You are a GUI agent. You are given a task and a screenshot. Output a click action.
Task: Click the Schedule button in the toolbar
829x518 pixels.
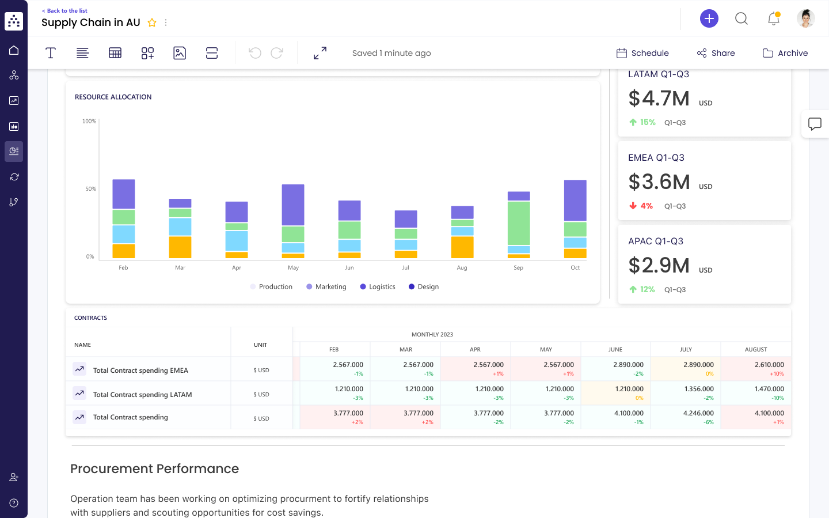(x=642, y=53)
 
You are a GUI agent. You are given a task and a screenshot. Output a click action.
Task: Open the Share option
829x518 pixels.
(x=716, y=53)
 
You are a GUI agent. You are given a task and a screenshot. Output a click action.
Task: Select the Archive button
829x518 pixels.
(x=785, y=53)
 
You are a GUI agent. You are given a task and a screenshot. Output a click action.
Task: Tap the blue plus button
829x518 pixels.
(x=709, y=18)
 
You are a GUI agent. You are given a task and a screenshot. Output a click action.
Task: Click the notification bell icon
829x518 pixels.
(x=773, y=18)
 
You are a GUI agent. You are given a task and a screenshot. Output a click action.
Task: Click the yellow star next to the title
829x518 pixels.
(x=152, y=22)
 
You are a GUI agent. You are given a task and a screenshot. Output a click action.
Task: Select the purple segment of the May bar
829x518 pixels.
(x=293, y=205)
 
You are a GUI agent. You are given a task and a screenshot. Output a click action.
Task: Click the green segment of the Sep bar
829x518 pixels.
(x=519, y=223)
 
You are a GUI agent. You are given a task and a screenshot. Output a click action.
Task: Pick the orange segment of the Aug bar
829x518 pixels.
(x=462, y=247)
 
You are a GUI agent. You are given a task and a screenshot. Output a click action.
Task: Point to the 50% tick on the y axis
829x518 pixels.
(x=91, y=189)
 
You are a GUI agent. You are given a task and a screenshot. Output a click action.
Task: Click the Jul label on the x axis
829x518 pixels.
(x=405, y=268)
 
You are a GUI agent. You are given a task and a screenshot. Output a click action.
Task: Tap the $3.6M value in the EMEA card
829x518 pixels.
(x=659, y=182)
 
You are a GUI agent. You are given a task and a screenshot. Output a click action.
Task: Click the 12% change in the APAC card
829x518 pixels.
(x=647, y=289)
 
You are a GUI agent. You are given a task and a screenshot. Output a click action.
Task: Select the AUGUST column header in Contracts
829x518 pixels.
(x=755, y=350)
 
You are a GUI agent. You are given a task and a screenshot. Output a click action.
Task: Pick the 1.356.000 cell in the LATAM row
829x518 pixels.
(x=698, y=389)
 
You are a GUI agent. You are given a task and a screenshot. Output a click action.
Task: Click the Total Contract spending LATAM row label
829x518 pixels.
(x=142, y=395)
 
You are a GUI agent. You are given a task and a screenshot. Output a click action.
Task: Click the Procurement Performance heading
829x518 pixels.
(x=154, y=468)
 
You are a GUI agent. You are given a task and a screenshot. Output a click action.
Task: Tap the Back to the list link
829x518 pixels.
(x=65, y=11)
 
